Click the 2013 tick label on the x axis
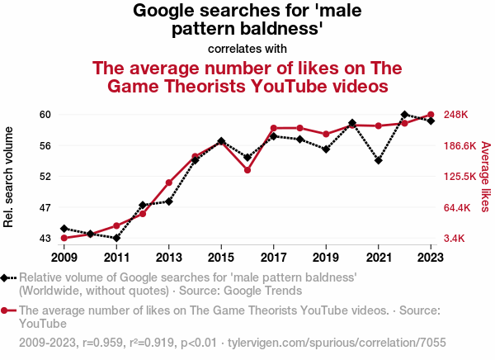coord(168,256)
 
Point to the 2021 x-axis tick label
coord(379,256)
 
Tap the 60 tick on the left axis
coord(45,115)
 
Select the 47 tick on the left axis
coord(45,207)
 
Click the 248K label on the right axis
coord(457,115)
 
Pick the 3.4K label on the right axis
coord(456,239)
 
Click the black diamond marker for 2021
coord(379,160)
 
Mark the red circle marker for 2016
coord(247,170)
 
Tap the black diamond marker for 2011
coord(116,238)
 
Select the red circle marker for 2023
coord(431,115)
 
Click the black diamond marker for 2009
coord(64,228)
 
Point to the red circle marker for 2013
coord(168,182)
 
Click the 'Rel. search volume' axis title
coord(10,177)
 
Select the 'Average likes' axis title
coord(485,176)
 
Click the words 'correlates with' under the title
coord(247,48)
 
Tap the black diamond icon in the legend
coord(6,278)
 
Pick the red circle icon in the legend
coord(6,310)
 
